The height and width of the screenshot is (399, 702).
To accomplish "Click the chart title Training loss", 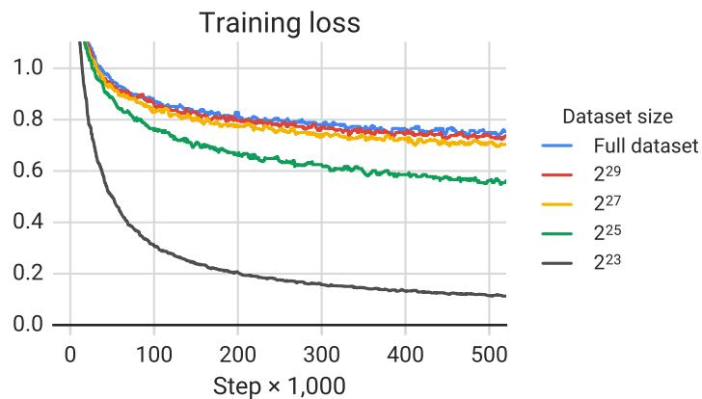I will click(280, 23).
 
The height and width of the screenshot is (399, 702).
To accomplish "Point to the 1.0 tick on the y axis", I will click(28, 68).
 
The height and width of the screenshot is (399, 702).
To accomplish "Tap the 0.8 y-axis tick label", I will click(28, 120).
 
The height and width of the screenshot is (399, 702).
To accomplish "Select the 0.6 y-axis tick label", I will click(28, 172).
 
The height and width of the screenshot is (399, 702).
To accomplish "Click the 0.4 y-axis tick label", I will click(28, 223).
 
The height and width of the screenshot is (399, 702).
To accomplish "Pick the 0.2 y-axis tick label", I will click(28, 274).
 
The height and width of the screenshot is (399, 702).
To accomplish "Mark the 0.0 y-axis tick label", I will click(28, 325).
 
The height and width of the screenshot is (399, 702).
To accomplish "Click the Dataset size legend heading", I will click(617, 118).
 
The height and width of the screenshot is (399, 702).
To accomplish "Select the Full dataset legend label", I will click(644, 146).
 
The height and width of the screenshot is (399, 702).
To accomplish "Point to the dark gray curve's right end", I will click(504, 296).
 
